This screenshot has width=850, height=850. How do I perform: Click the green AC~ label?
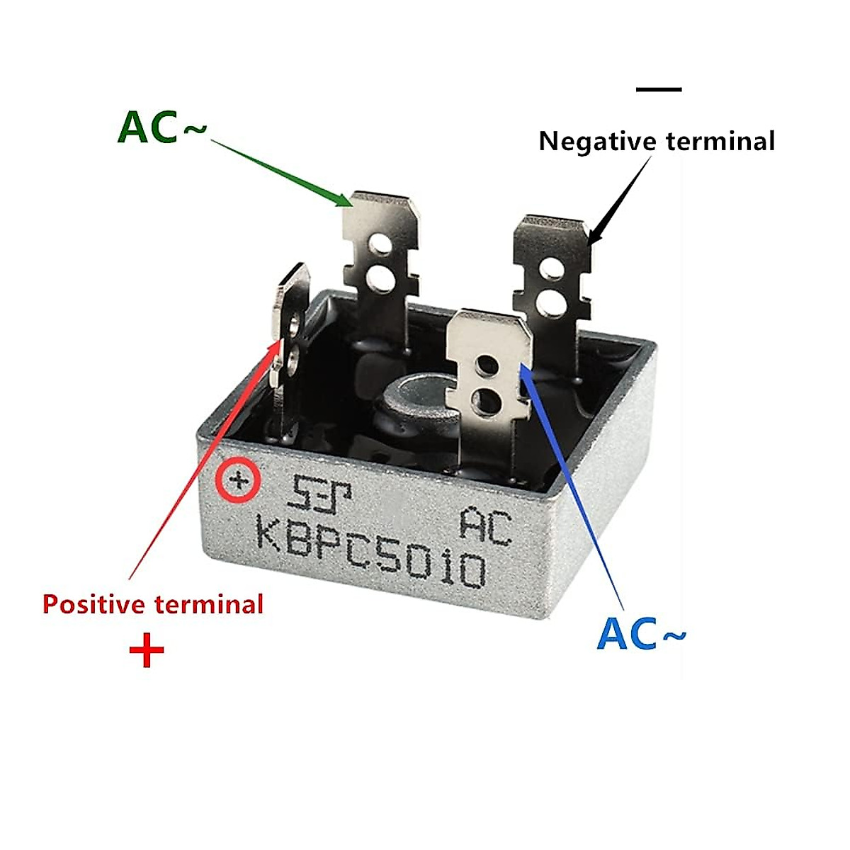click(x=162, y=128)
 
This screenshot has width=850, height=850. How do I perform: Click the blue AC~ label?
click(x=641, y=633)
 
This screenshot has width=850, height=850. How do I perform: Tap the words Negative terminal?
click(x=657, y=141)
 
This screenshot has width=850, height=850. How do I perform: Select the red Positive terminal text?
click(x=153, y=604)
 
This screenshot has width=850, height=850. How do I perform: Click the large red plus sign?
click(x=147, y=650)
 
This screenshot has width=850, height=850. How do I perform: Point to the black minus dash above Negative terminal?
click(x=659, y=90)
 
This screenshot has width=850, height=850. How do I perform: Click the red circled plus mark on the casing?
click(x=239, y=482)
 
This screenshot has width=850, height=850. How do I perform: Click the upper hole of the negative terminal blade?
click(x=551, y=268)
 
